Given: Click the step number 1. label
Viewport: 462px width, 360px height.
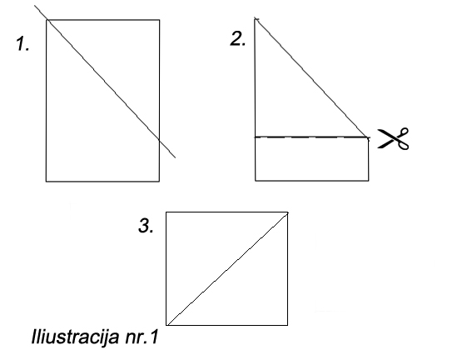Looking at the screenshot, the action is pos(22,43).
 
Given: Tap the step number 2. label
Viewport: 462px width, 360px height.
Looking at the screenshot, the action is pos(237,38).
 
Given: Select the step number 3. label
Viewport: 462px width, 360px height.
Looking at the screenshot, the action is pos(146,226).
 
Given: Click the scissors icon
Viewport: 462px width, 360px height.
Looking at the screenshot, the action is pos(394,138).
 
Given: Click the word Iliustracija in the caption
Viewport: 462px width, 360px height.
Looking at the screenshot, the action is pos(75,337).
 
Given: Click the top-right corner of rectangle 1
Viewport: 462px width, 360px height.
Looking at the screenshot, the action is pos(159,20).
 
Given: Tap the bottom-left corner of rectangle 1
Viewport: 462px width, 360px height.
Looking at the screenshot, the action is pos(46,181).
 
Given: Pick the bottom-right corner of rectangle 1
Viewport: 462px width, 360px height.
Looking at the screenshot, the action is pos(159,181).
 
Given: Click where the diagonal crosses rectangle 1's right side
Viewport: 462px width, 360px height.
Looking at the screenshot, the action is pos(159,139).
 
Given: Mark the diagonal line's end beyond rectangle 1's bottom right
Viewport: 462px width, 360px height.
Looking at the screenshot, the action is pos(176,157).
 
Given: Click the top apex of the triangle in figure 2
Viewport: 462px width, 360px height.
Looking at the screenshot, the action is pos(256,18).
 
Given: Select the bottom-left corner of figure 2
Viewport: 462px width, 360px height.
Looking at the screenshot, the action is pos(256,180).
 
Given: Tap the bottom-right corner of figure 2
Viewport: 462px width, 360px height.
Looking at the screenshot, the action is pos(368,180).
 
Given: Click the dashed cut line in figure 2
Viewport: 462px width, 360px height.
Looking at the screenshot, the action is pos(312,137).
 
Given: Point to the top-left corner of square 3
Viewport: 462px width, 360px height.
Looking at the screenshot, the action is pos(166,212).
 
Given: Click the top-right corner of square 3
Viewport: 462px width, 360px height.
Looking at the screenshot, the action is pos(287,212).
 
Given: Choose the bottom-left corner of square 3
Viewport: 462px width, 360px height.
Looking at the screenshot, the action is pos(166,325).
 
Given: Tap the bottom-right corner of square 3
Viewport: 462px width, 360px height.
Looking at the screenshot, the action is pos(287,325).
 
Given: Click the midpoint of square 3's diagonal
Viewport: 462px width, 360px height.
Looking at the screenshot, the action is pos(227,269).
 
